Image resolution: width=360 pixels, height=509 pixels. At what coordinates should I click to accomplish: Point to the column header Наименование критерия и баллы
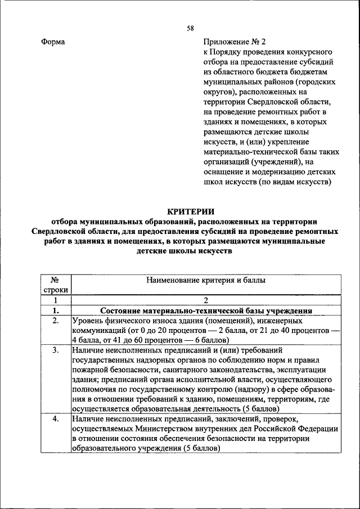(206, 280)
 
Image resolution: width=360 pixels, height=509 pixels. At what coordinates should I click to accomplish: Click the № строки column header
(56, 285)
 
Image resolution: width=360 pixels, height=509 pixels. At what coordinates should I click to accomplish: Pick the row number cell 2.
(56, 321)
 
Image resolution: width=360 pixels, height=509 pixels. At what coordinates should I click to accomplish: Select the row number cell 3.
(56, 350)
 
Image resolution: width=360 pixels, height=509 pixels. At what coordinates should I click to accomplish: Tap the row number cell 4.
(56, 420)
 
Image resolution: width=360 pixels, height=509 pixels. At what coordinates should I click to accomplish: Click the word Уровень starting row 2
(85, 321)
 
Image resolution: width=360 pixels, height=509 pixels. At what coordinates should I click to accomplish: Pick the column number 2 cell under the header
(206, 300)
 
